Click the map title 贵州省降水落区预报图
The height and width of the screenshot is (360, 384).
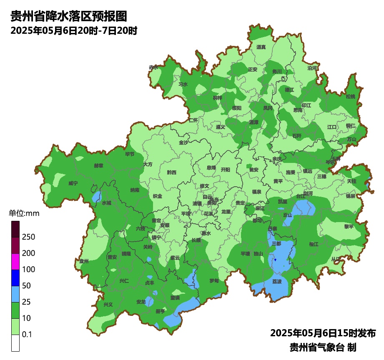pyautogui.click(x=68, y=16)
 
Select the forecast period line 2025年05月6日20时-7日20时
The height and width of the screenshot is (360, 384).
pyautogui.click(x=74, y=31)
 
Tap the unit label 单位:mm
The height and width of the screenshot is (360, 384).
pyautogui.click(x=24, y=214)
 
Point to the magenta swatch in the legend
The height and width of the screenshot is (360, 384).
pyautogui.click(x=15, y=262)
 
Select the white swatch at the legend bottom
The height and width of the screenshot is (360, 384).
pyautogui.click(x=15, y=343)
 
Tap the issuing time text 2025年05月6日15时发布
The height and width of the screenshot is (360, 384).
pyautogui.click(x=323, y=333)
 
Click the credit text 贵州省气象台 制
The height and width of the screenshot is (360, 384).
pyautogui.click(x=323, y=347)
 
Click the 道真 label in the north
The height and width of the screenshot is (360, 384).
pyautogui.click(x=261, y=47)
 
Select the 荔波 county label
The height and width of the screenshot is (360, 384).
pyautogui.click(x=277, y=281)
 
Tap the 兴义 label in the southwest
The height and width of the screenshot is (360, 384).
pyautogui.click(x=108, y=305)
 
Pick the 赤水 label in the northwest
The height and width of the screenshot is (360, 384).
pyautogui.click(x=153, y=67)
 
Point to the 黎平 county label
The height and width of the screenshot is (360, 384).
pyautogui.click(x=349, y=226)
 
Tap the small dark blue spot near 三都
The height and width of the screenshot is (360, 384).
pyautogui.click(x=276, y=260)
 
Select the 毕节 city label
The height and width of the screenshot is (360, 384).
pyautogui.click(x=130, y=154)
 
